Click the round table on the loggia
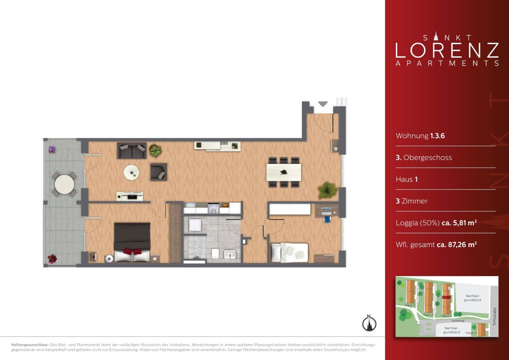65,184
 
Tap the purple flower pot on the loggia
52,150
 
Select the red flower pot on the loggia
52,259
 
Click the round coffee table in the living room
131,172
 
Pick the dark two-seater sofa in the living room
132,151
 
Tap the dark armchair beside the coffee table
159,172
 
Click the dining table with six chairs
284,172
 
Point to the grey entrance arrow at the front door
323,104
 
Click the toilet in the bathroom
215,254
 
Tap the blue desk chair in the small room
327,219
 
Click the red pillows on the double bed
132,251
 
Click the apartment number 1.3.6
437,136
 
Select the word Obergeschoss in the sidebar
427,157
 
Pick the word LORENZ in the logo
447,50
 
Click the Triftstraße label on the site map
495,317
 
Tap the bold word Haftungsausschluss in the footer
30,345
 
